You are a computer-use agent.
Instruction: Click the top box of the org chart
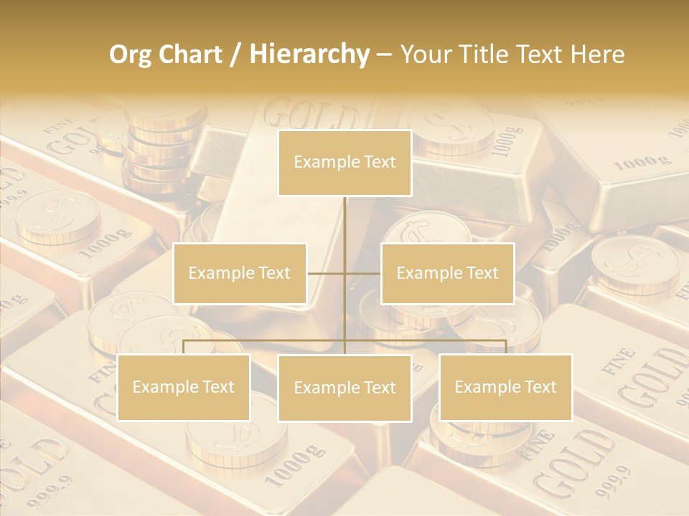[344, 163]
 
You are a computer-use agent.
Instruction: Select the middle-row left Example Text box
[240, 273]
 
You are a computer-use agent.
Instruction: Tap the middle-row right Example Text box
[447, 273]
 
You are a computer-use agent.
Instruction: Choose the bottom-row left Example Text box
[184, 387]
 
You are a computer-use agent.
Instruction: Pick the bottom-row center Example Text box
[344, 388]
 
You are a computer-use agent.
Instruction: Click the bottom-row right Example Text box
[505, 387]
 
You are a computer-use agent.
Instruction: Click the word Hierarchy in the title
[309, 54]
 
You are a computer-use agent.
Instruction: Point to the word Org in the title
[131, 54]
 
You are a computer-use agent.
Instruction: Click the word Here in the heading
[598, 54]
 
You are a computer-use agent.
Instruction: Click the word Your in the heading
[425, 54]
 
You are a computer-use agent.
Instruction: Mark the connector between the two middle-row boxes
[344, 273]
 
